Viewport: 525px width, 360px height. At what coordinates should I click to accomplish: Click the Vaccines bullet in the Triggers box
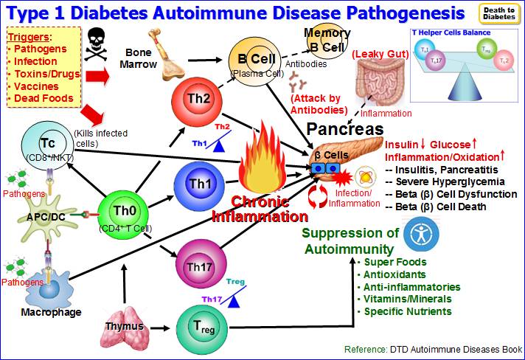34,86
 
